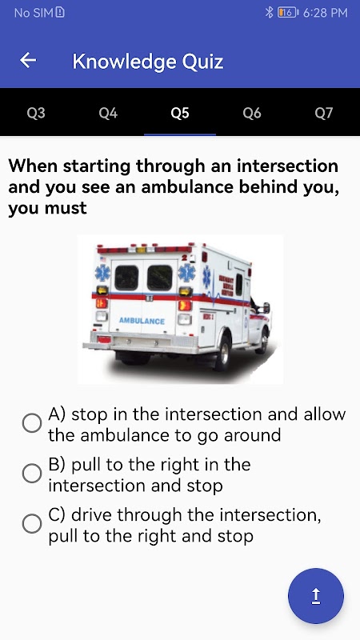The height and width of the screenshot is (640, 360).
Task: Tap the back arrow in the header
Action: point(28,61)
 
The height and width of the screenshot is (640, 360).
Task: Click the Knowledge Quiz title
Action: point(148,62)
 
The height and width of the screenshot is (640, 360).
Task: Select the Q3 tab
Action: point(36,113)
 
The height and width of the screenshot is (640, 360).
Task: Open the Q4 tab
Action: point(108,113)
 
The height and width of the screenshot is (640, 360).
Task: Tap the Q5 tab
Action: point(180,113)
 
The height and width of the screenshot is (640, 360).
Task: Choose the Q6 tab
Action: point(252,113)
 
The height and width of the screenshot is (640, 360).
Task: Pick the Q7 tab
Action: point(324,113)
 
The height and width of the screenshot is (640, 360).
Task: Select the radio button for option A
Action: point(32,423)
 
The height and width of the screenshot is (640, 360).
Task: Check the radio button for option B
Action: point(32,474)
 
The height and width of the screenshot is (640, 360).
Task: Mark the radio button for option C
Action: point(32,524)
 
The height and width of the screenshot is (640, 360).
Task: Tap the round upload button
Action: point(316,596)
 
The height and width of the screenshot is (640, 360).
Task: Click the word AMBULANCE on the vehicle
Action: point(142,322)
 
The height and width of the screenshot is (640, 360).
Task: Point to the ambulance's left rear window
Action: point(126,278)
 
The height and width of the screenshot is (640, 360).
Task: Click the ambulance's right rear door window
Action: point(160,278)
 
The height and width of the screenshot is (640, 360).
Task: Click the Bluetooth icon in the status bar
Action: point(269,13)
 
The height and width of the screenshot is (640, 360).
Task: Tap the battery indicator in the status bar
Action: point(288,13)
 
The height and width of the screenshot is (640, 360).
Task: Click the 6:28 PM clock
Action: point(326,13)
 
